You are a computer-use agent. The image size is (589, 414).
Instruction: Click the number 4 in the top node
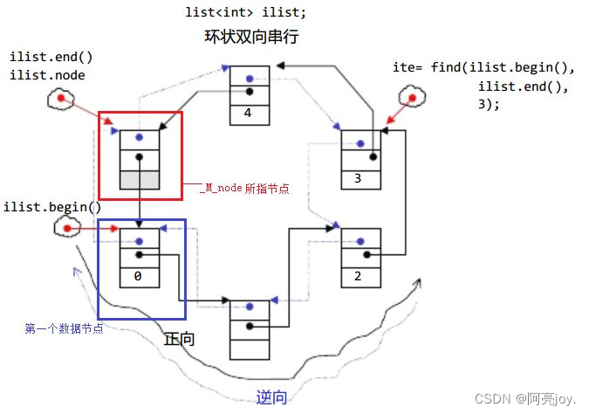tap(248, 112)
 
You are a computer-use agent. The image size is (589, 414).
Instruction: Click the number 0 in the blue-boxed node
tap(139, 276)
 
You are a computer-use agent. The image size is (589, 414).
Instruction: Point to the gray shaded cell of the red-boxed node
tap(139, 178)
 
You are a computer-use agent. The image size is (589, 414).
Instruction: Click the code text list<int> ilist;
tap(245, 12)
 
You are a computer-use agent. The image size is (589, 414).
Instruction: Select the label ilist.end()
tap(51, 57)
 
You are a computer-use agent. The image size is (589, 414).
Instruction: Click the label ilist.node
tap(48, 74)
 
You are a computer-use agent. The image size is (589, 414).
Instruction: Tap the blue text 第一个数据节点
tap(64, 328)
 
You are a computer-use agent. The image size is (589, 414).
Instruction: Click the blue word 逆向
tap(271, 397)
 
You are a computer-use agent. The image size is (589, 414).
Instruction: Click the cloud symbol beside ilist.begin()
tap(66, 229)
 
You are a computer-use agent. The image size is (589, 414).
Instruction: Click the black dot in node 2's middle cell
tap(366, 255)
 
